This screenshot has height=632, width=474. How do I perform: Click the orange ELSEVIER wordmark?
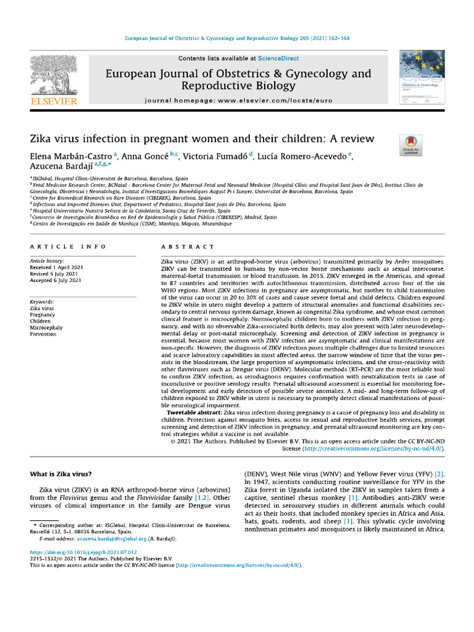(54, 101)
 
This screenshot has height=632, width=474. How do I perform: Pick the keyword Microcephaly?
(46, 328)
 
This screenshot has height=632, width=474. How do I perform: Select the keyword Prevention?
(43, 335)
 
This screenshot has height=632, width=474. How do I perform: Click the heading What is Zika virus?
(61, 474)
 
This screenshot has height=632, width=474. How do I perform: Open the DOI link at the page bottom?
(83, 552)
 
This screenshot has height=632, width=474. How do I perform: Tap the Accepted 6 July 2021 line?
(56, 281)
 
